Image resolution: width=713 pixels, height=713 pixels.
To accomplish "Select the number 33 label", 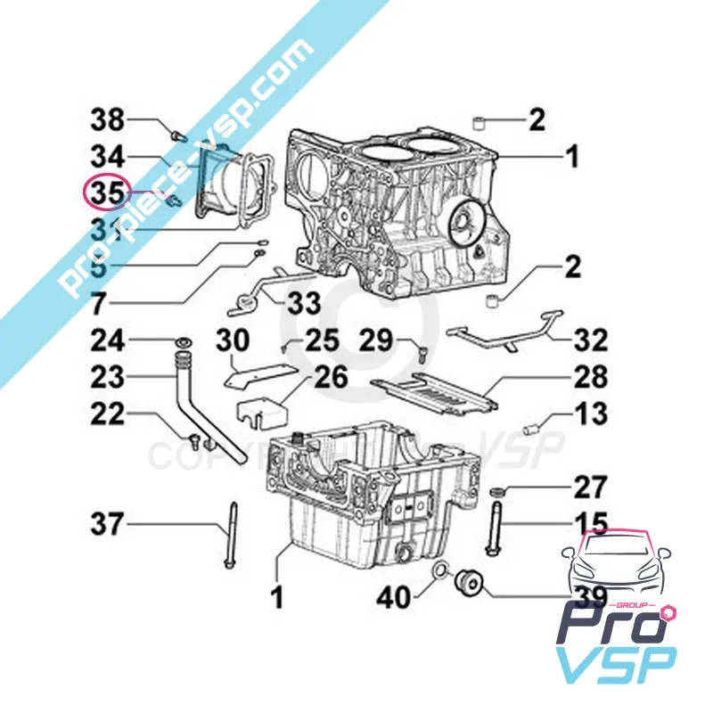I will click(x=303, y=304).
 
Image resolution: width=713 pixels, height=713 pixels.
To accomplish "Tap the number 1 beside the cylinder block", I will click(x=571, y=158).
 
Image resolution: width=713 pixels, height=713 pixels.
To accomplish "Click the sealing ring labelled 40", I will click(x=439, y=571).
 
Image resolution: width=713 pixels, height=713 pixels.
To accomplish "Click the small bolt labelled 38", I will click(x=176, y=135).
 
